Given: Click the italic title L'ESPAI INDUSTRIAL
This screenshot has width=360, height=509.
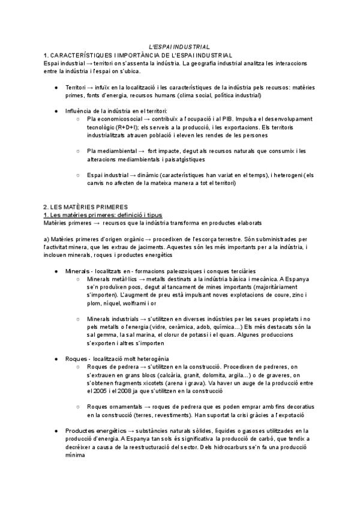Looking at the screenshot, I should pyautogui.click(x=179, y=47).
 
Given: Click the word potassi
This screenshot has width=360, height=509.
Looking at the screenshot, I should pyautogui.click(x=244, y=335).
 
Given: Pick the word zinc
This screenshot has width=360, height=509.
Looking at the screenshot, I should pyautogui.click(x=299, y=295).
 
